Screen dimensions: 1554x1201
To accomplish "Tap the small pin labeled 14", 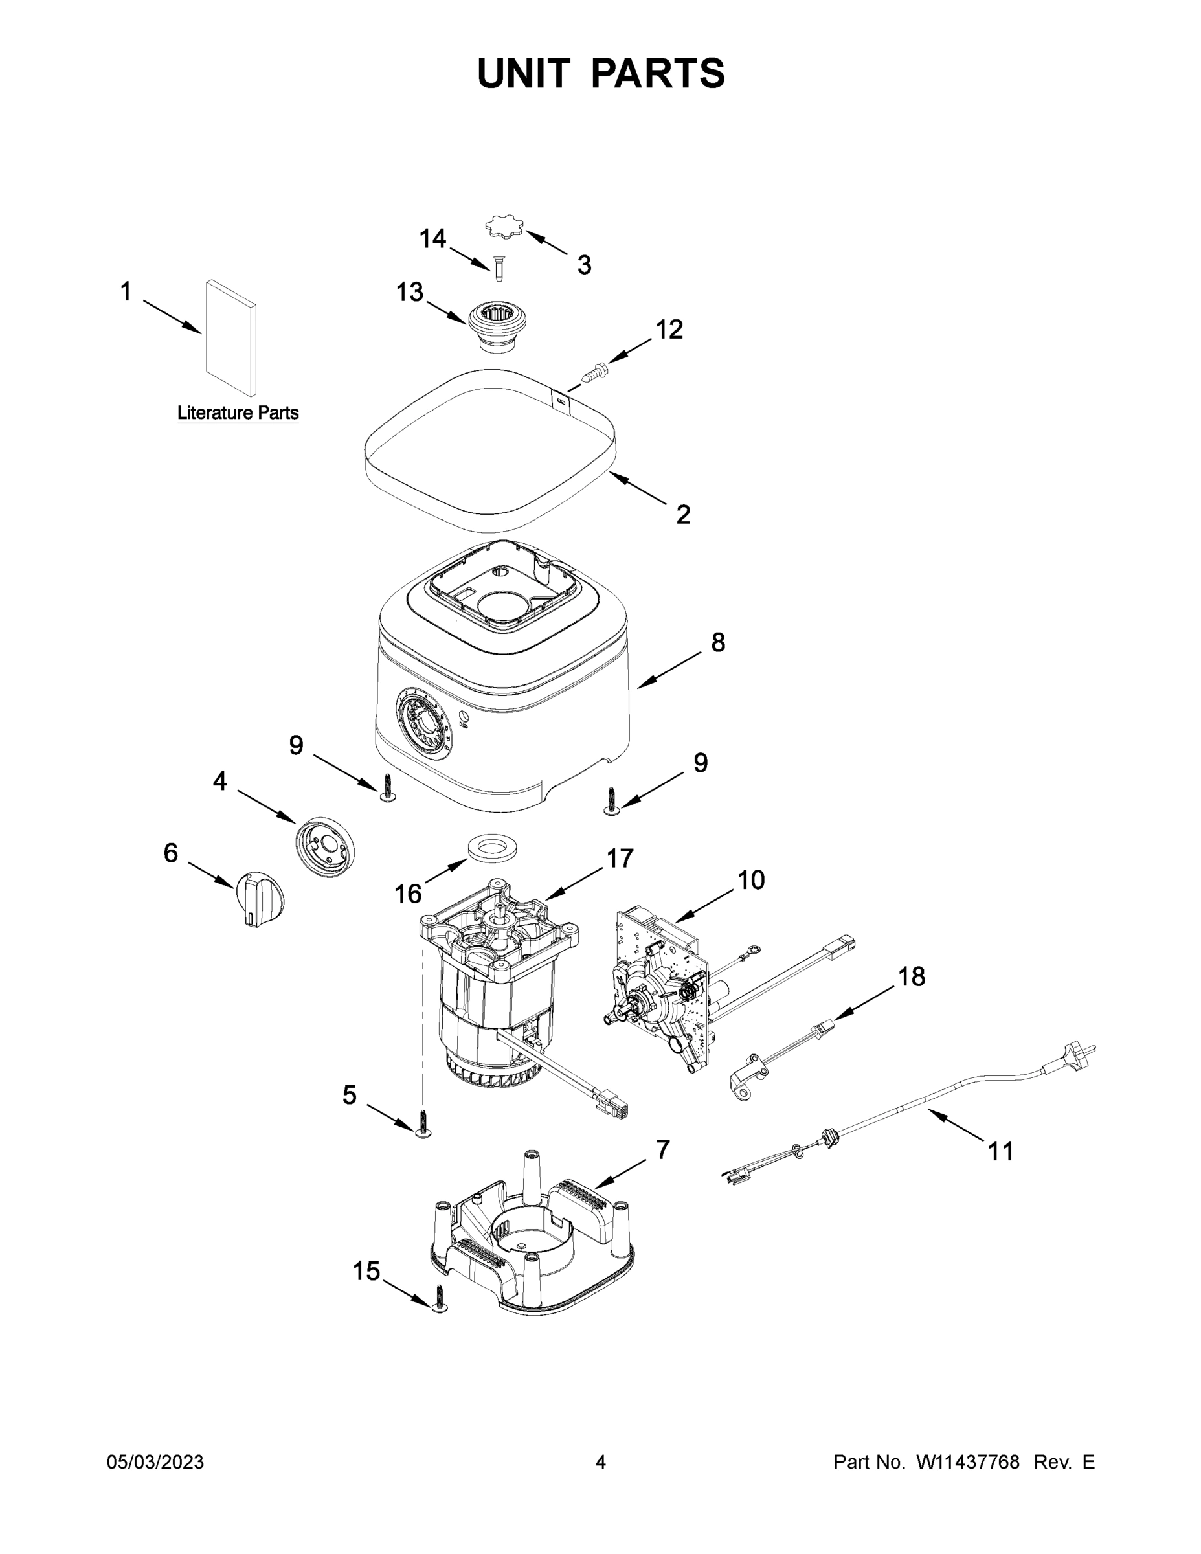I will [x=499, y=269].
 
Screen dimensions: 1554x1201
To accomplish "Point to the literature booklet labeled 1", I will [x=230, y=337].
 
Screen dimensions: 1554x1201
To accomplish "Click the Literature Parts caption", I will [x=238, y=412].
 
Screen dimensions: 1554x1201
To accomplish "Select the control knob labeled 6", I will [x=258, y=898].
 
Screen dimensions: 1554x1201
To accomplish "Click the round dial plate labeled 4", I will [x=324, y=846].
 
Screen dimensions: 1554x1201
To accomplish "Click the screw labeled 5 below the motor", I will [x=425, y=1123].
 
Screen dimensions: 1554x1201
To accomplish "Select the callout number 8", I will [x=718, y=642].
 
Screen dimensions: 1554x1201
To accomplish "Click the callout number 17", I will [x=620, y=859].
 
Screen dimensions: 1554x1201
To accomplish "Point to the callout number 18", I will [x=912, y=976].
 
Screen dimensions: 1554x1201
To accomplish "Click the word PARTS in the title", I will [x=658, y=73].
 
